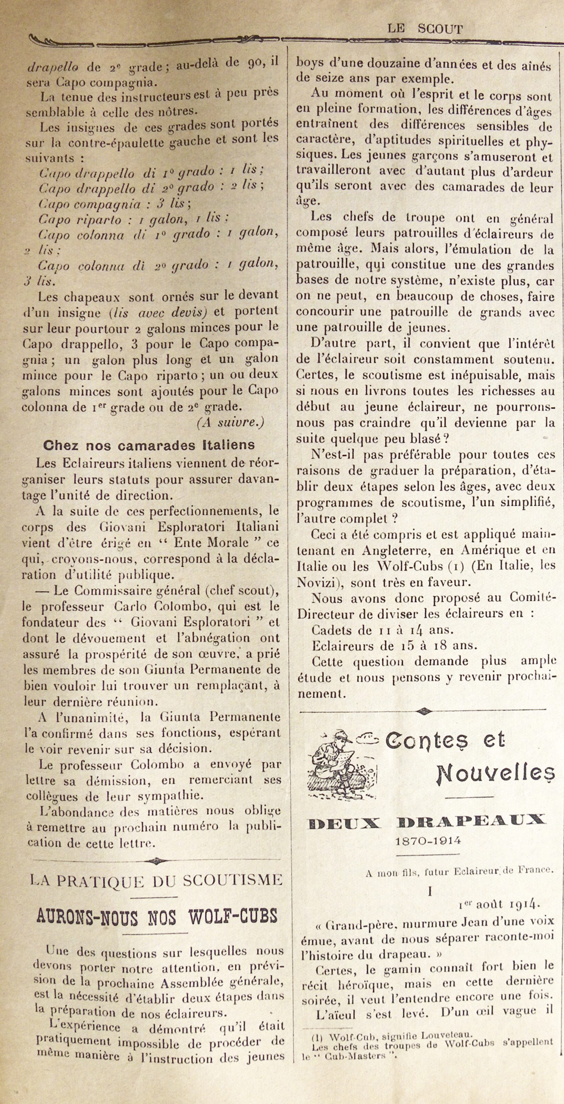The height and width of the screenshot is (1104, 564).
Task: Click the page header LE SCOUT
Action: point(425,29)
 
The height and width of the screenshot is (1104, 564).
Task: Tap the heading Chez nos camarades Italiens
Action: point(149,445)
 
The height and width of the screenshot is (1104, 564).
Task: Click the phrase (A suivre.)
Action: point(230,423)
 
